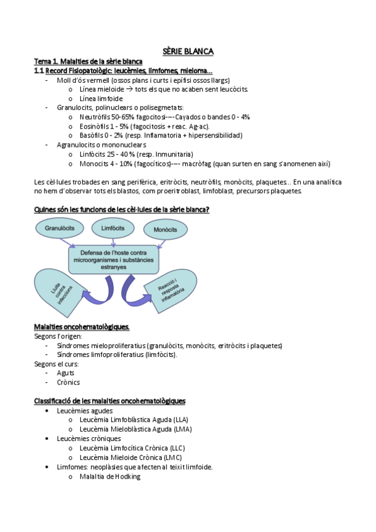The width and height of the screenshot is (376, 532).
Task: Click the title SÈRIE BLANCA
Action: point(188,51)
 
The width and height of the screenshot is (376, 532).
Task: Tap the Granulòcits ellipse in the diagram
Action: point(60,229)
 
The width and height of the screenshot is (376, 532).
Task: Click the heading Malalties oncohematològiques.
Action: point(82,327)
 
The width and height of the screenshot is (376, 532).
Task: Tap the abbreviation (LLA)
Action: point(180,420)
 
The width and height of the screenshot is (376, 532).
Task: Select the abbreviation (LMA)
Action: point(183,429)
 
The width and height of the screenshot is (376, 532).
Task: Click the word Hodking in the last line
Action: point(128,476)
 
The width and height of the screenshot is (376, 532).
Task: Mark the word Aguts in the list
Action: point(65,373)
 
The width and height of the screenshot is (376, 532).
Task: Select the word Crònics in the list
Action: point(68,382)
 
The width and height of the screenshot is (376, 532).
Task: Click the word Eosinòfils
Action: point(94,126)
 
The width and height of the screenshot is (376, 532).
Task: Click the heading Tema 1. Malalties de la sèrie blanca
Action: point(88,61)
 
